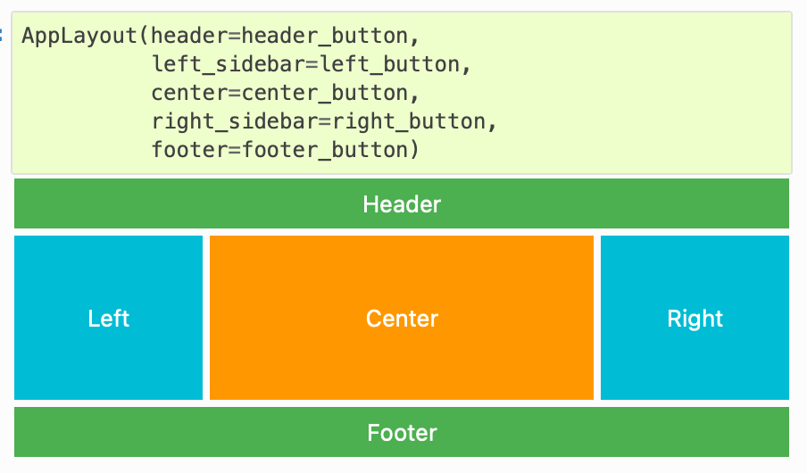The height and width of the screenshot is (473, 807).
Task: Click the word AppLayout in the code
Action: click(81, 37)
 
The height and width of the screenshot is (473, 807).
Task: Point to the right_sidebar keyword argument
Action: click(238, 121)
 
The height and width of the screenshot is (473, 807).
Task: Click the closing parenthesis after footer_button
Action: click(414, 150)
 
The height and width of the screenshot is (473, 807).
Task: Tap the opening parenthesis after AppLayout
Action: click(146, 37)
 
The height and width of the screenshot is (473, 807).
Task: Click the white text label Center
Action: click(402, 319)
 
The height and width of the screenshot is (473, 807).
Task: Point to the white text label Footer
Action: click(402, 433)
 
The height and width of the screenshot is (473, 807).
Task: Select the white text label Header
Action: click(402, 204)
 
